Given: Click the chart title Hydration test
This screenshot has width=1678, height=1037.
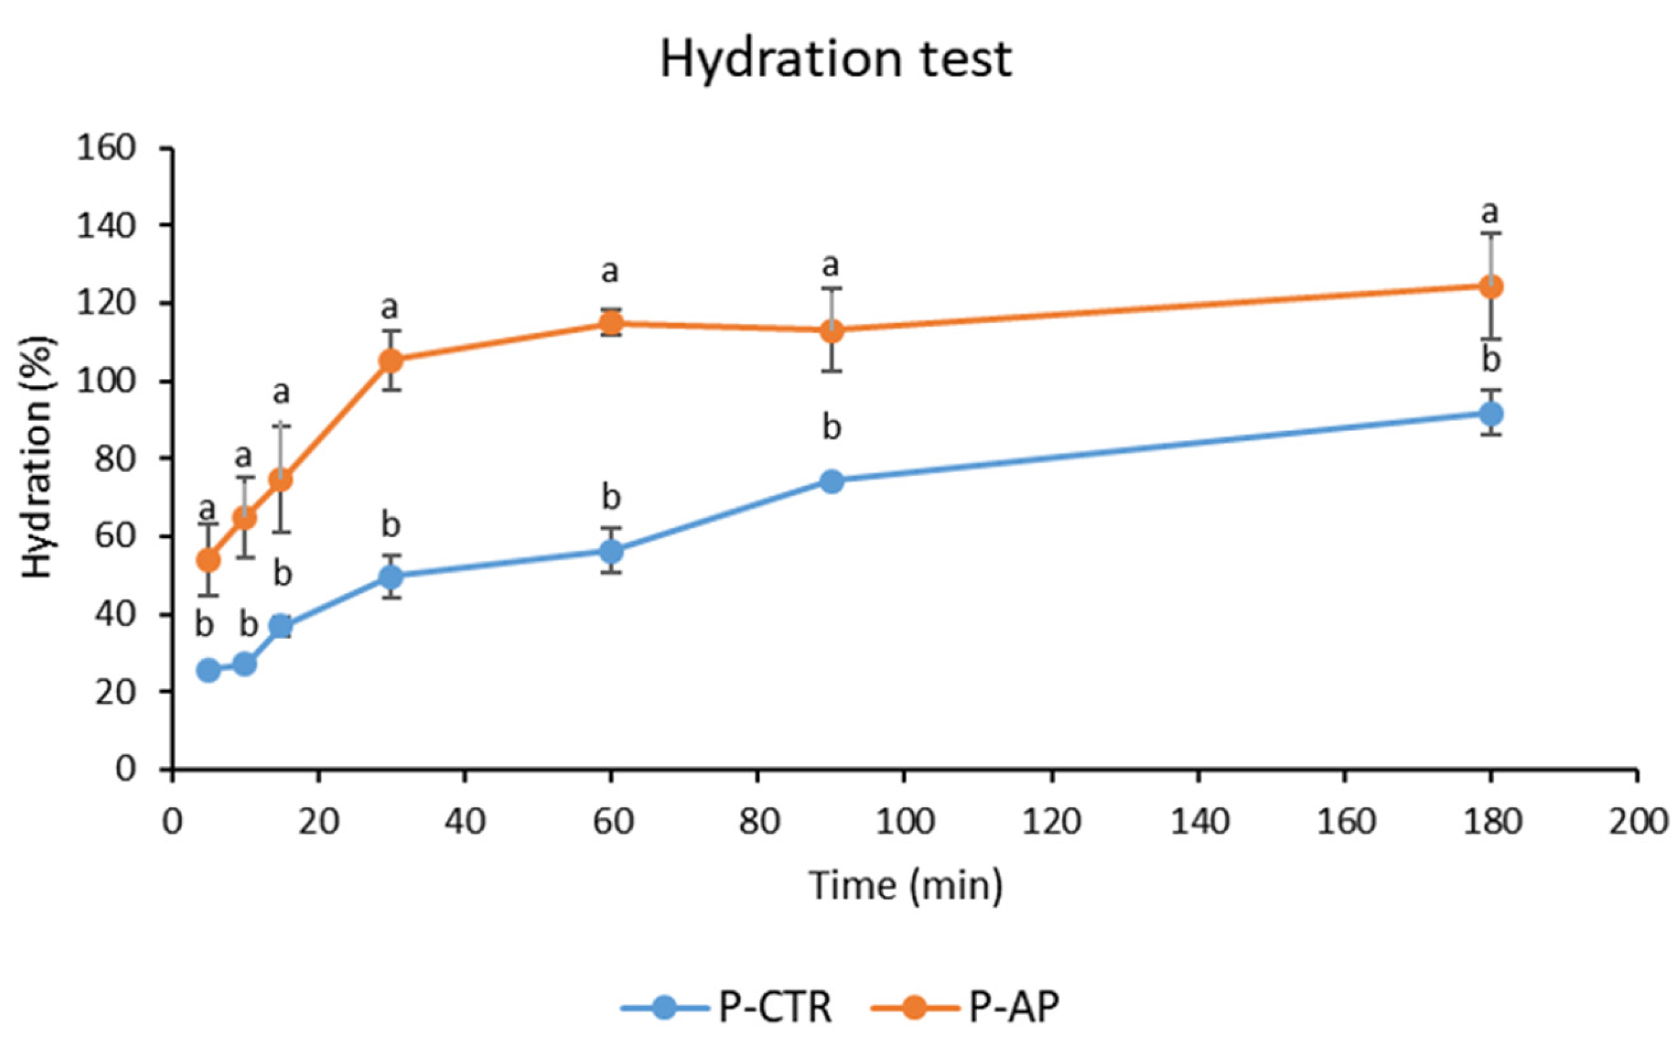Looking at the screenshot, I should tap(835, 60).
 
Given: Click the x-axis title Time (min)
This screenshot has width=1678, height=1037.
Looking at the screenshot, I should tap(905, 885).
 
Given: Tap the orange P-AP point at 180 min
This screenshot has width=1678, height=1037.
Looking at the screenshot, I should tap(1490, 287).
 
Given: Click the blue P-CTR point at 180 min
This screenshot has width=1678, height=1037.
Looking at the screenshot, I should tap(1490, 414).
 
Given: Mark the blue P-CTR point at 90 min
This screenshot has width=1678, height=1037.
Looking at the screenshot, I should tap(831, 481).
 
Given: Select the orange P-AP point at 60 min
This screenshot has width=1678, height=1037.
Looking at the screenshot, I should tap(611, 323).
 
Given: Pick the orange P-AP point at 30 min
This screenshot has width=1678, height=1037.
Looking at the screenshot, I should tap(391, 360).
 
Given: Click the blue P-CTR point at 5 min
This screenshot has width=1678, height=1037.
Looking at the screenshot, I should tap(208, 670).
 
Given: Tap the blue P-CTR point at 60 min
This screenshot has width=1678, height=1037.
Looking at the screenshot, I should tap(611, 551).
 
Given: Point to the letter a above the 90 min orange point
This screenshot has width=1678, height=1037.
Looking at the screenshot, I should tap(831, 264).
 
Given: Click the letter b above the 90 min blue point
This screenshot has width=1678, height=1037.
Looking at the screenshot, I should tap(831, 428).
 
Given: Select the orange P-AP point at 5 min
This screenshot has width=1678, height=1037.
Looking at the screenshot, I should tap(208, 560).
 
